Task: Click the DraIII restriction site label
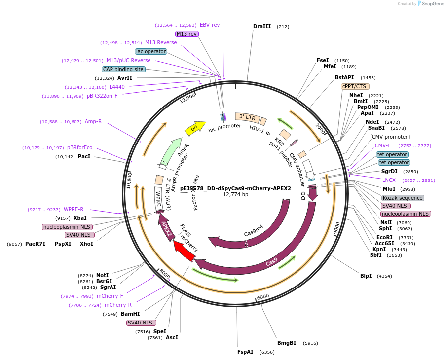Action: click(x=261, y=26)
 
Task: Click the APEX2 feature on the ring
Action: click(x=167, y=229)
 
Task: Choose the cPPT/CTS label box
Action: click(x=354, y=86)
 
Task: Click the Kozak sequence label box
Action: click(x=403, y=198)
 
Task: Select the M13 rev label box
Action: click(x=186, y=34)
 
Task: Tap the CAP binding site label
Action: click(x=123, y=69)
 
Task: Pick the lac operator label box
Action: click(x=150, y=51)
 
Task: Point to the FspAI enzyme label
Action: click(x=245, y=352)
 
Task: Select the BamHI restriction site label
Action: click(x=130, y=314)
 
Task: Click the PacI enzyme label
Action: click(x=84, y=156)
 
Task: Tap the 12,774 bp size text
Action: click(x=235, y=195)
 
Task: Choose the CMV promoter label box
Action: click(x=390, y=137)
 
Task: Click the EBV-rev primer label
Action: click(x=210, y=25)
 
